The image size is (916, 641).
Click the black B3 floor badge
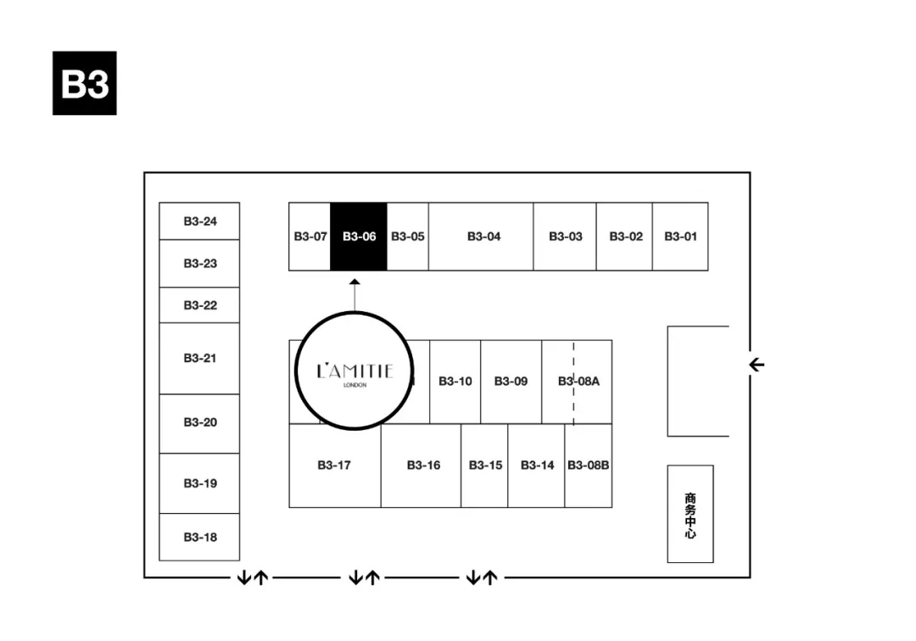tap(84, 83)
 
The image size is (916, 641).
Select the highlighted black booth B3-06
tap(359, 237)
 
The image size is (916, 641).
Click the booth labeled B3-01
tap(680, 237)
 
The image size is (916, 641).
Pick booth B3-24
tap(200, 221)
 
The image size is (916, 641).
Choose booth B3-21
tap(200, 358)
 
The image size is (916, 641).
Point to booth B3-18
tap(200, 537)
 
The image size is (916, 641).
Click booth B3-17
tap(334, 465)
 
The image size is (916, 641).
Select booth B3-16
tap(422, 465)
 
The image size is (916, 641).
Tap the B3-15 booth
tap(485, 465)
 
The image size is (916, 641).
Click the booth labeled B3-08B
tap(589, 465)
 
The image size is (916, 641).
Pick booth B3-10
tap(455, 382)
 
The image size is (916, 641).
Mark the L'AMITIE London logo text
tap(355, 371)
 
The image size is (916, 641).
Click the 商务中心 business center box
tap(690, 514)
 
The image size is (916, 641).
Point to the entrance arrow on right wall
tap(757, 365)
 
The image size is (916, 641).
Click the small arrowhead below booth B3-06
tap(355, 281)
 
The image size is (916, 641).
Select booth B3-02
tap(625, 237)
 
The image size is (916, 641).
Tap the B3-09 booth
tap(511, 382)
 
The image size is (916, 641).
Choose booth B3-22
tap(200, 305)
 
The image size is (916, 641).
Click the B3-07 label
tap(310, 237)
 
